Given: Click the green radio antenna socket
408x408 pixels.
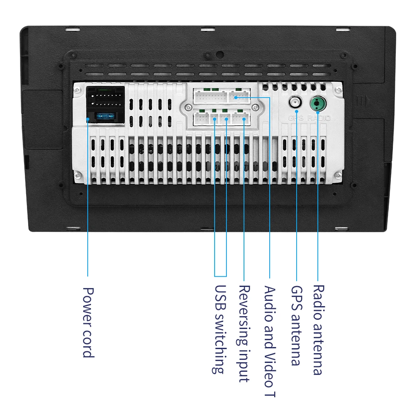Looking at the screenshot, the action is [x=317, y=104].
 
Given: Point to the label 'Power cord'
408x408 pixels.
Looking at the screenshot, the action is [x=88, y=322].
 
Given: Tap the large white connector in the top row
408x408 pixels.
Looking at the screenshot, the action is [x=209, y=97].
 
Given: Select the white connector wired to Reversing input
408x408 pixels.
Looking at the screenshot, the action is [x=241, y=118].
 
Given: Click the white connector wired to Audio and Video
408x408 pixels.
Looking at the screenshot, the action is [x=239, y=97].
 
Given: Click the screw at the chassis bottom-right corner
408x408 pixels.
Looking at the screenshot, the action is [x=337, y=175].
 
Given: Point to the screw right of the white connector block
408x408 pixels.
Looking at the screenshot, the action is [x=256, y=107].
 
